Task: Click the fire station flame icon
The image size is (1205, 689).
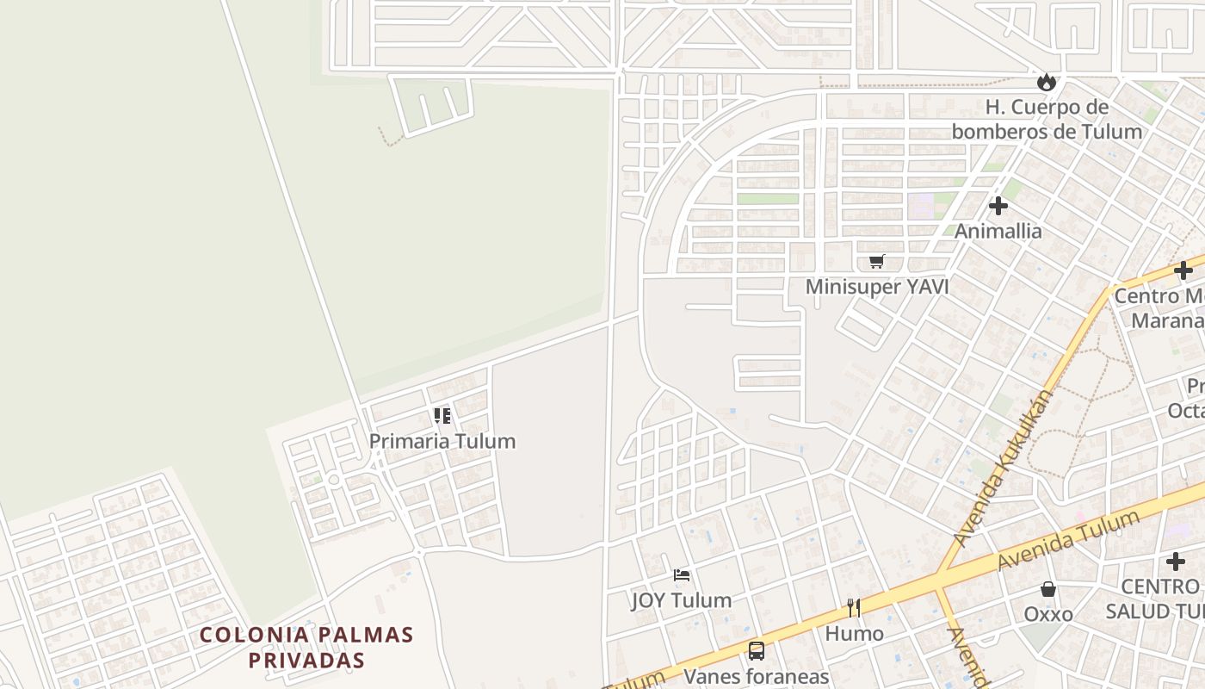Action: [x=1047, y=82]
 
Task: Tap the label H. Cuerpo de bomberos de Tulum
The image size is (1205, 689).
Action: [x=1047, y=120]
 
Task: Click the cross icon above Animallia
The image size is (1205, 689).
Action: [x=998, y=206]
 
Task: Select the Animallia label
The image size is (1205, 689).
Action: [x=998, y=231]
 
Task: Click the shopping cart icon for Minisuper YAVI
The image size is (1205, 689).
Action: [x=876, y=261]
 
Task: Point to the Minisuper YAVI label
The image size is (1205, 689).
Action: [x=876, y=287]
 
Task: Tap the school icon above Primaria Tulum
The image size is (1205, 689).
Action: [x=442, y=417]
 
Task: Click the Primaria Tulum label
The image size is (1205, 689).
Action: [x=442, y=441]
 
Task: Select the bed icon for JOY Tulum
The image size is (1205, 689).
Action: [x=682, y=574]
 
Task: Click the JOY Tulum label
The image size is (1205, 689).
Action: [x=682, y=600]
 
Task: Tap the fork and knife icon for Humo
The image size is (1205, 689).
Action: [x=854, y=608]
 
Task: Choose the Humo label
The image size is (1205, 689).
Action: [x=855, y=634]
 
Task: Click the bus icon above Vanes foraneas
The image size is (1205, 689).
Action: [x=757, y=651]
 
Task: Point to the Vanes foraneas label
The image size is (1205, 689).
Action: [x=757, y=676]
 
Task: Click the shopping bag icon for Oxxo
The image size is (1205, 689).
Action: [x=1048, y=589]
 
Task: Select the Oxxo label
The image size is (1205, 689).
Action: [x=1048, y=614]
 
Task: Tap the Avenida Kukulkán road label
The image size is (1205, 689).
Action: [x=1004, y=468]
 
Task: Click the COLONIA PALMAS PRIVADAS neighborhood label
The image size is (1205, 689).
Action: [x=306, y=648]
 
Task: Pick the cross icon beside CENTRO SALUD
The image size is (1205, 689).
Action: [x=1176, y=562]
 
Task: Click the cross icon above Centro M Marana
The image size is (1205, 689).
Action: [x=1183, y=270]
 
